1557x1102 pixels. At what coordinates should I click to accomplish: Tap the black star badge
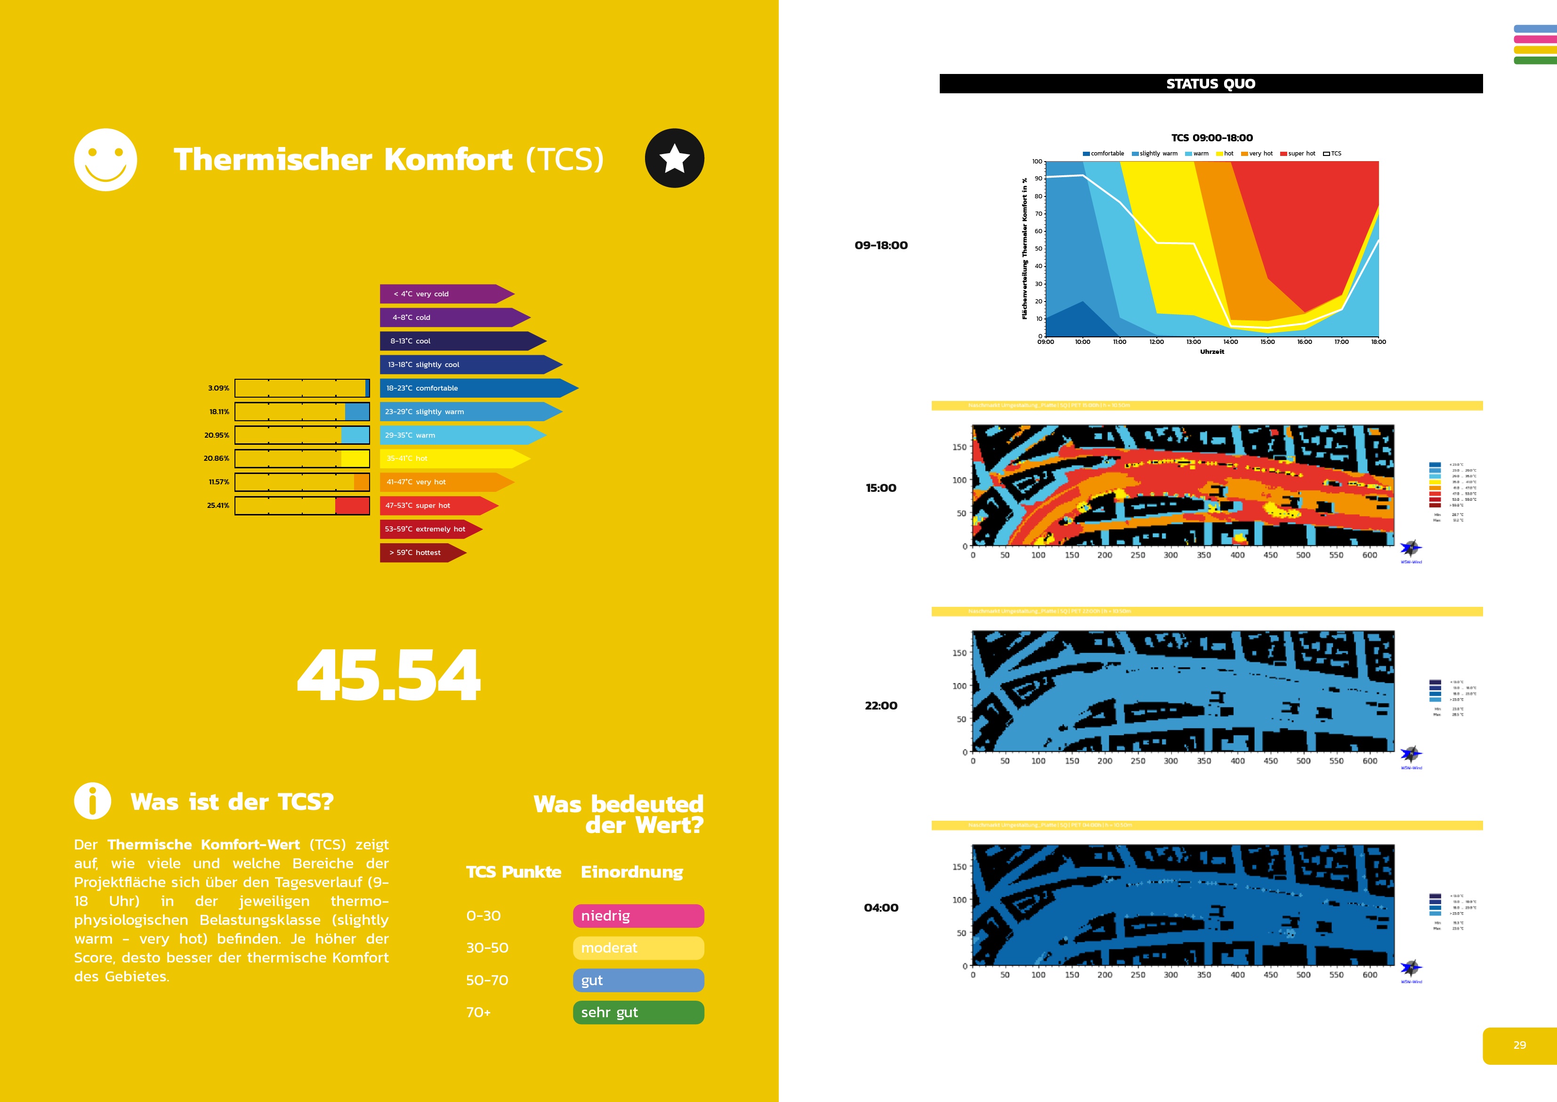point(674,158)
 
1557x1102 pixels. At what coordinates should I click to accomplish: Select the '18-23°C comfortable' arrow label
point(475,388)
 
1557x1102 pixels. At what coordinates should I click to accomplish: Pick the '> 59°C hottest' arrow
point(420,552)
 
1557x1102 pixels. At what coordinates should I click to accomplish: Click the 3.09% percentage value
point(218,388)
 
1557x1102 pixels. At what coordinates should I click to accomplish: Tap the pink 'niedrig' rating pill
point(638,916)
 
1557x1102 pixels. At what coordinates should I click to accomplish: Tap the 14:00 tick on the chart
point(1230,342)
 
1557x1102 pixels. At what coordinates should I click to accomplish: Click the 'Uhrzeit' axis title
point(1212,351)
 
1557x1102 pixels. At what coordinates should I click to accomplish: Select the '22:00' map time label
point(880,706)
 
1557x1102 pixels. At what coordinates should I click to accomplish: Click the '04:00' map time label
point(880,908)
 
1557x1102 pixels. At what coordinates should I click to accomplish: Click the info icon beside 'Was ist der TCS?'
point(92,801)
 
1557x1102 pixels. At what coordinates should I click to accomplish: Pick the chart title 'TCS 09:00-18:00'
point(1212,138)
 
